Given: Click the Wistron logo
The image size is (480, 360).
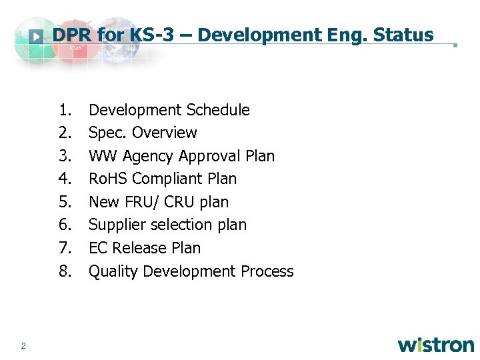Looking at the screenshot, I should [x=436, y=345].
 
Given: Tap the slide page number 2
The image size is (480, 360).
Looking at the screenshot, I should [x=23, y=345].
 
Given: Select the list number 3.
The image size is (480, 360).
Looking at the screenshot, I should [x=64, y=156].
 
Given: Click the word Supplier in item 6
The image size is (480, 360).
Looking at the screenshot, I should [x=115, y=225].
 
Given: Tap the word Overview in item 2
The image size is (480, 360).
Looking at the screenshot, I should [x=165, y=133].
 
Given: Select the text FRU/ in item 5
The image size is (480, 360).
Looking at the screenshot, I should [x=141, y=202].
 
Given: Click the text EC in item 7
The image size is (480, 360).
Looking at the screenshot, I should [x=98, y=248].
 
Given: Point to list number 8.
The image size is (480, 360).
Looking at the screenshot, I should [x=64, y=271].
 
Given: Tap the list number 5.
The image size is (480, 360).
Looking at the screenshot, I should [x=64, y=202].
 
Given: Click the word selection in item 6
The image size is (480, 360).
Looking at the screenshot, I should [x=182, y=225].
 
